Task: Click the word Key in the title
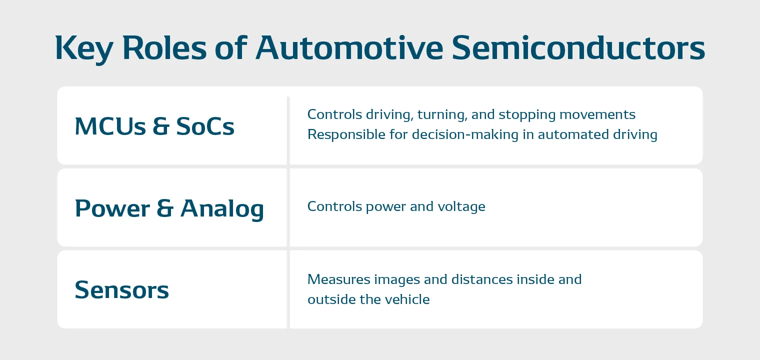pos(82,48)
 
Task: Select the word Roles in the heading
pos(164,48)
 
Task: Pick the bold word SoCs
pos(205,126)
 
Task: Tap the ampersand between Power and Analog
pos(165,208)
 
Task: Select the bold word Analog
pos(222,208)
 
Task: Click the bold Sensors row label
pos(122,290)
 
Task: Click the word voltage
pos(460,207)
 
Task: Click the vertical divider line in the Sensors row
pos(288,290)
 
